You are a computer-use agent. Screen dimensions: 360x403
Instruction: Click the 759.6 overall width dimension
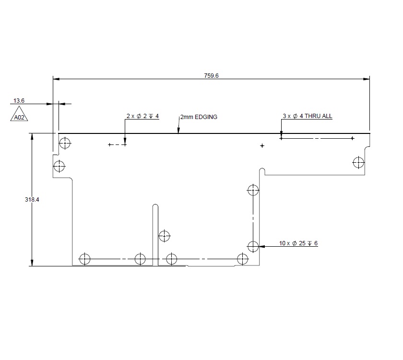tap(211, 75)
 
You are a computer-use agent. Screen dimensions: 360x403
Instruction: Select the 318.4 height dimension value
tap(32, 200)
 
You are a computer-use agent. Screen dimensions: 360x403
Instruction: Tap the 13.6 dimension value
tap(19, 101)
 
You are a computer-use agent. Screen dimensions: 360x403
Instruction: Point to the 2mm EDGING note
tap(199, 117)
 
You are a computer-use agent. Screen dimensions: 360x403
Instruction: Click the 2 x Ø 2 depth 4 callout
tap(142, 116)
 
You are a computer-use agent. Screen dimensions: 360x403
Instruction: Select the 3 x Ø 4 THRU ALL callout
tap(307, 116)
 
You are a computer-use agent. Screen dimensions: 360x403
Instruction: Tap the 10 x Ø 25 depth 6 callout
tap(298, 243)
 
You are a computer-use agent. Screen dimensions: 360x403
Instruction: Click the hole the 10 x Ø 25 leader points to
tap(253, 246)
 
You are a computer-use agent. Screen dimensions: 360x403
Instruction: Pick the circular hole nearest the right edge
tap(358, 162)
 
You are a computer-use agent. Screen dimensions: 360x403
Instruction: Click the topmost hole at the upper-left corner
tap(65, 143)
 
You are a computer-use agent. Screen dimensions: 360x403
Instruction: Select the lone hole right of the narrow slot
tap(165, 236)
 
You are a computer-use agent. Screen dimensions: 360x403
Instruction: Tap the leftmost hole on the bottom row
tap(84, 259)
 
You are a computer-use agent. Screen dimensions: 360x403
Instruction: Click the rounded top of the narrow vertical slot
tap(155, 206)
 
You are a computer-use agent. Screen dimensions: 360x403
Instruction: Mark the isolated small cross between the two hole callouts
tap(262, 145)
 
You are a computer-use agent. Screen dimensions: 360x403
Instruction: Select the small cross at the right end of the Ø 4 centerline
tap(352, 138)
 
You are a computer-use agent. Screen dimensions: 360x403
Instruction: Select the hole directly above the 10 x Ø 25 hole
tap(252, 190)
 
